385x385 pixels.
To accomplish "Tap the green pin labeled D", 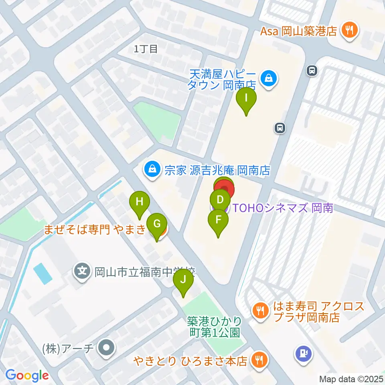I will coord(220,199).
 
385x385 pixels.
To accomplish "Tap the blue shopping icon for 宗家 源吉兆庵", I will coord(152,170).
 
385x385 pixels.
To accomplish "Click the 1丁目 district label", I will coord(146,49).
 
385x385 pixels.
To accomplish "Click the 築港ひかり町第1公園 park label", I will coord(215,326).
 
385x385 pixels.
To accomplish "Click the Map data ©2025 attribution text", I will coord(351,378).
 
